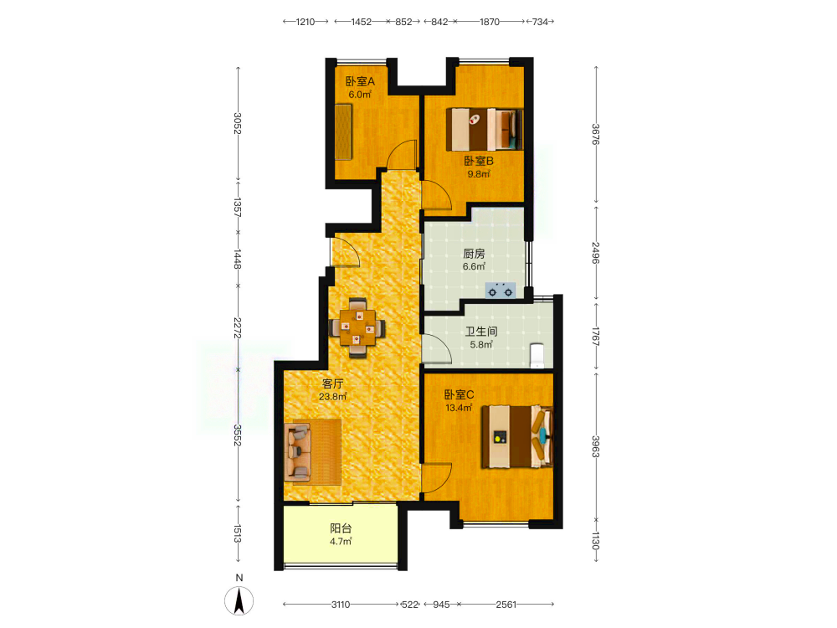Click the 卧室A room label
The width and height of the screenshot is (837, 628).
click(x=360, y=82)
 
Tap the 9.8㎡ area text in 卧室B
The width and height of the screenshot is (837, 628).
click(x=479, y=174)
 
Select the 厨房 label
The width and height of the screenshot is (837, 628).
click(x=474, y=254)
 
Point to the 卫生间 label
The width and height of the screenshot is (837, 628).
click(x=481, y=332)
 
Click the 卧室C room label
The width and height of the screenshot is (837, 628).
click(x=459, y=394)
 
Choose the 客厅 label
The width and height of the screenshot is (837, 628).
click(x=332, y=384)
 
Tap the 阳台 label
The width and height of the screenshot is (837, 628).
click(x=341, y=528)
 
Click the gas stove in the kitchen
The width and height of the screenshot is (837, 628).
click(x=501, y=290)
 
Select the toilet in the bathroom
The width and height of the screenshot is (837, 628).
click(x=537, y=356)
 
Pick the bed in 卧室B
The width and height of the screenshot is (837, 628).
click(x=484, y=129)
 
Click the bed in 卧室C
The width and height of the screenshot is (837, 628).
click(x=516, y=437)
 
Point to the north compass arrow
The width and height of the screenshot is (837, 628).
click(x=239, y=600)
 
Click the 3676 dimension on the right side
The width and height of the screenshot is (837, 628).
click(x=596, y=134)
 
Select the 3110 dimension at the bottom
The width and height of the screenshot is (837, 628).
click(x=341, y=605)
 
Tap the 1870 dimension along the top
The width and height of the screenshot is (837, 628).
click(x=490, y=22)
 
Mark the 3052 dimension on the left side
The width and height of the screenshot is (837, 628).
click(x=238, y=123)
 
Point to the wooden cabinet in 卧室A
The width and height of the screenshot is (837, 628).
click(x=343, y=131)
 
